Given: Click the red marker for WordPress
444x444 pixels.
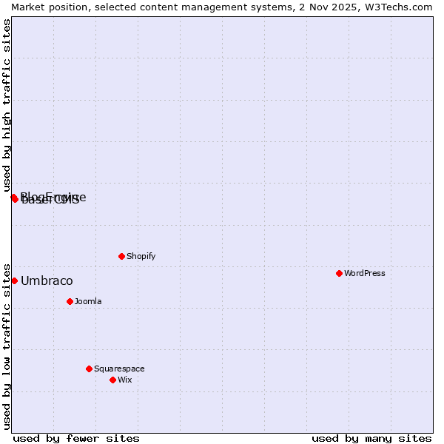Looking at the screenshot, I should [x=339, y=273].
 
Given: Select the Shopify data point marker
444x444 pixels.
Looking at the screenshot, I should [x=121, y=256].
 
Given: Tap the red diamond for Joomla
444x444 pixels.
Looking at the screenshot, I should [x=70, y=301].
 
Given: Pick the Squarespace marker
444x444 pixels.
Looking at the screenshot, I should [x=89, y=369].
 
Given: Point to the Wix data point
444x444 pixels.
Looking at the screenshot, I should [x=112, y=380].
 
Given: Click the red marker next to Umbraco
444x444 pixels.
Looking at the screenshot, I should [x=14, y=280].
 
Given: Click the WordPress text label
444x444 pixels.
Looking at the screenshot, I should [x=364, y=273].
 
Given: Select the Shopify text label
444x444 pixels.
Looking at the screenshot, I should [x=141, y=256].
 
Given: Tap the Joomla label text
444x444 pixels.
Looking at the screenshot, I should [x=88, y=301].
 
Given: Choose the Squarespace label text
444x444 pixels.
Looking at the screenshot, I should [x=119, y=369].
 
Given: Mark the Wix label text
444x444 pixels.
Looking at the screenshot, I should [x=124, y=380].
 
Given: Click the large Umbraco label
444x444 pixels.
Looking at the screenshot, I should [x=47, y=280].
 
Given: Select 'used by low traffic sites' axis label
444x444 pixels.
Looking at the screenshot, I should [x=7, y=346].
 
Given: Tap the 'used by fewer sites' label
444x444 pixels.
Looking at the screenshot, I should [x=76, y=438].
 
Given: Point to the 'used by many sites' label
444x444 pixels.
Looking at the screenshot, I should [x=371, y=438].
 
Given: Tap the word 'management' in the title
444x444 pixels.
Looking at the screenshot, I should [x=213, y=7].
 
